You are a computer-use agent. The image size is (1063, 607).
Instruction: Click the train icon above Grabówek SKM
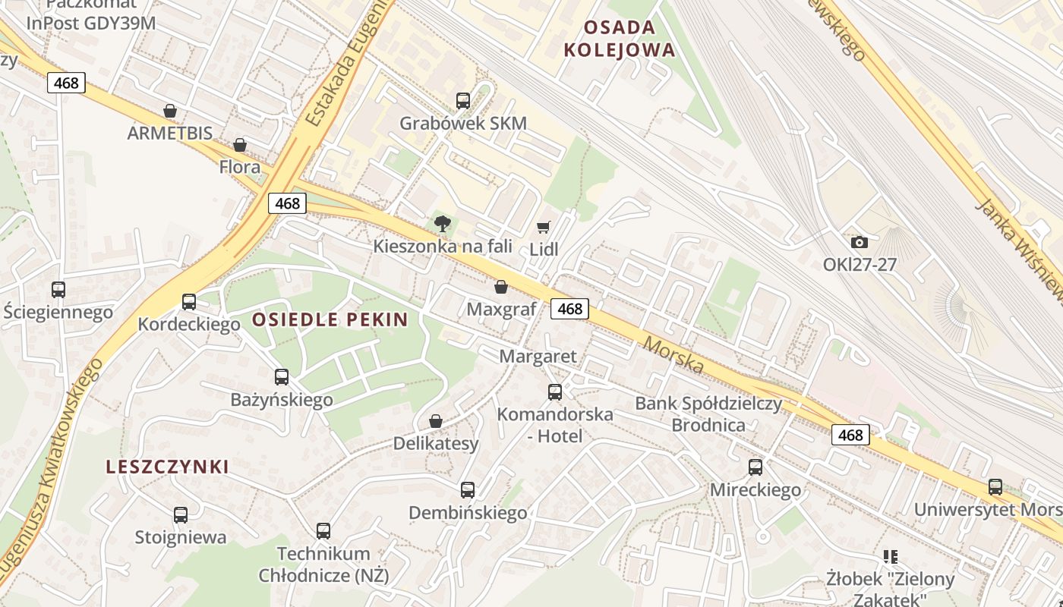(462, 100)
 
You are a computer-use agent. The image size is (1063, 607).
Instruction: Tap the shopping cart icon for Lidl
(543, 227)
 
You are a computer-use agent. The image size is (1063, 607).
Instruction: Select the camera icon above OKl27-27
(860, 242)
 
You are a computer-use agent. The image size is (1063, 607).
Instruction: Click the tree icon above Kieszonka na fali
(442, 223)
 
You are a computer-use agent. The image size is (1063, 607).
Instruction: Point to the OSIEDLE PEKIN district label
(330, 319)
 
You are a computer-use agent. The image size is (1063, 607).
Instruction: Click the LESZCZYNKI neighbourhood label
(168, 467)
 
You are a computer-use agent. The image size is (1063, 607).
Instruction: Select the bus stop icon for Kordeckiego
(189, 302)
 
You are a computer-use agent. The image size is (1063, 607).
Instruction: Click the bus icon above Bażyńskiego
(282, 376)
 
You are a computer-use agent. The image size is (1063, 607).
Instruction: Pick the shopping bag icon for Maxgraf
(501, 287)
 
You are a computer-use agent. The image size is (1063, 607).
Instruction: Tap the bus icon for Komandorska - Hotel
(555, 392)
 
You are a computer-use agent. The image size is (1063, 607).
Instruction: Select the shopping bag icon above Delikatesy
(436, 421)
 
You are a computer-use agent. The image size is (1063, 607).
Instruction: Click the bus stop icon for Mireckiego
(755, 467)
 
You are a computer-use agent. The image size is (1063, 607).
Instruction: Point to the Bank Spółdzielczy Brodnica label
(708, 414)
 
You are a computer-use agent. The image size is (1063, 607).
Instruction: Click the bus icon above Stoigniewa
(181, 515)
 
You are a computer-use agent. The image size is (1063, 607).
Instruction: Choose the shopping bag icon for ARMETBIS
(170, 111)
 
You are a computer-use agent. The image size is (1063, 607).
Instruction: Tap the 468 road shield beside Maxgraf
(569, 308)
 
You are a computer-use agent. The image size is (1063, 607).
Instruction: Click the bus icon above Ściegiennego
(58, 290)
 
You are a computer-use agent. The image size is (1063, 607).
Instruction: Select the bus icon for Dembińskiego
(468, 490)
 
